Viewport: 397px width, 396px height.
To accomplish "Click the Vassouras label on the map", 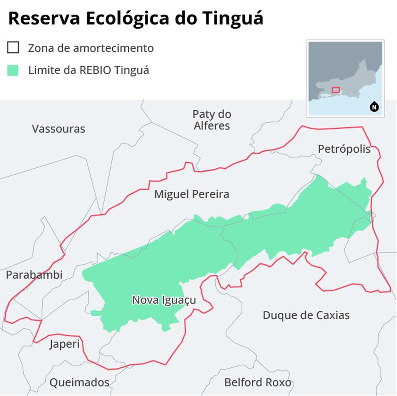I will pyautogui.click(x=58, y=129).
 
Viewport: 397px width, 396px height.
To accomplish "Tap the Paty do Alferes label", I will pyautogui.click(x=212, y=120).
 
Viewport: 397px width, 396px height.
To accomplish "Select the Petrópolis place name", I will pyautogui.click(x=344, y=149).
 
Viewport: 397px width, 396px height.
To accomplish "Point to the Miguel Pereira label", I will pyautogui.click(x=192, y=194).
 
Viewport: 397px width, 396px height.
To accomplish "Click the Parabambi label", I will pyautogui.click(x=34, y=275).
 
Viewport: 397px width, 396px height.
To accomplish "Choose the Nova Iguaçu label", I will pyautogui.click(x=164, y=300).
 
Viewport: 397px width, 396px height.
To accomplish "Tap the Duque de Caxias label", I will pyautogui.click(x=306, y=315).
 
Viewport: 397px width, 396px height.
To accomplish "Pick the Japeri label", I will pyautogui.click(x=64, y=344).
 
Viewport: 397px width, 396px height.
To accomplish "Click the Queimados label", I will pyautogui.click(x=79, y=383).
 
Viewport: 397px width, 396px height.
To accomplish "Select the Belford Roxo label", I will pyautogui.click(x=258, y=383).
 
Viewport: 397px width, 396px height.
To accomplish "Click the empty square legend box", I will pyautogui.click(x=13, y=48).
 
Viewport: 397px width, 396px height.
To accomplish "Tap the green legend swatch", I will pyautogui.click(x=13, y=70).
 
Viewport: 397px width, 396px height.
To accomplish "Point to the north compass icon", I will pyautogui.click(x=374, y=107).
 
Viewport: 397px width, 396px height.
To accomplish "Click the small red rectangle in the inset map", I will pyautogui.click(x=336, y=90).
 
